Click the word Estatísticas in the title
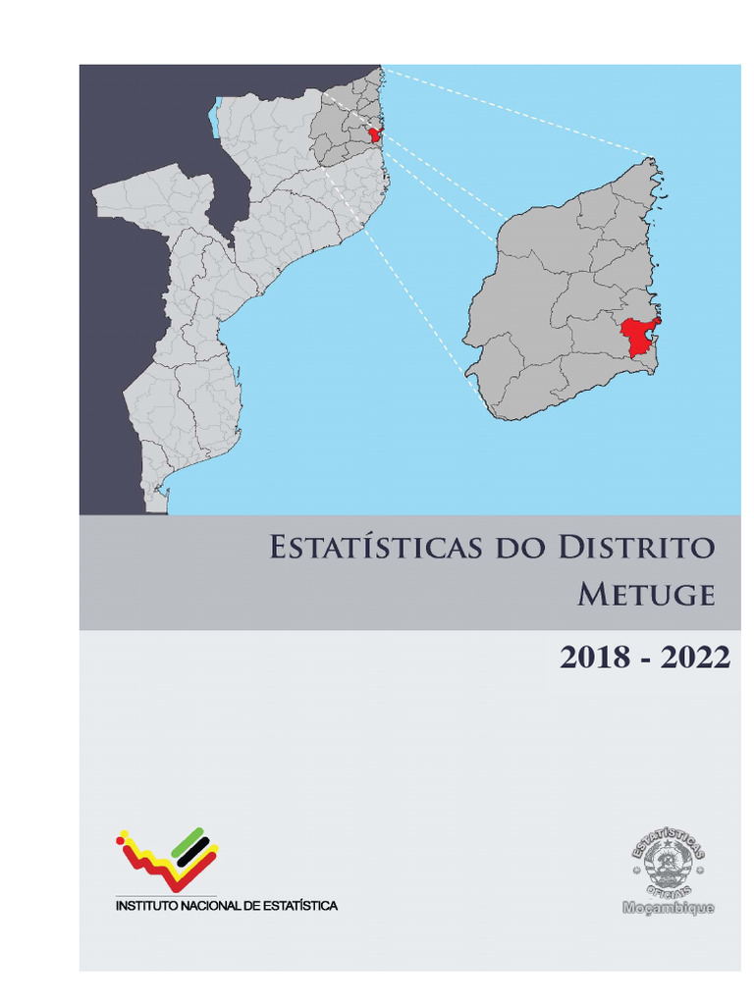(375, 547)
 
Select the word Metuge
(645, 595)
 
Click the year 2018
(595, 659)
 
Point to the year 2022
(695, 659)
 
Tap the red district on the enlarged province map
(636, 337)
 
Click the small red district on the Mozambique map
(374, 134)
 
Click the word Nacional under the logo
(208, 906)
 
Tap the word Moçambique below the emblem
(668, 908)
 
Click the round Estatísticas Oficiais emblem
(668, 863)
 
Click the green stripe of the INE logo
(188, 840)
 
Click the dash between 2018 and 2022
(645, 660)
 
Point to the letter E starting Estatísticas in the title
(280, 547)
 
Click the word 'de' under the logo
(247, 906)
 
